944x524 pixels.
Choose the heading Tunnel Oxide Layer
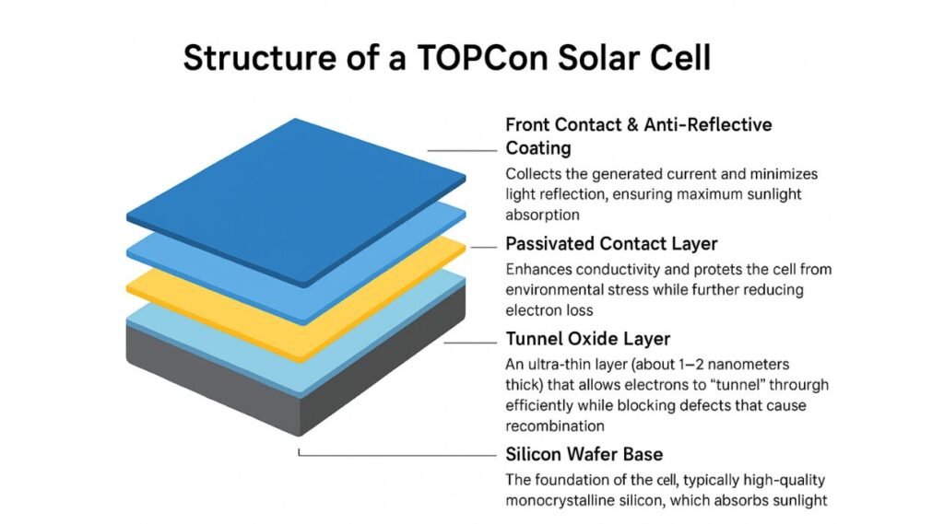point(588,339)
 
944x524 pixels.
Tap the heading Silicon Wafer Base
point(584,454)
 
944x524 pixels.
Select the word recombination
point(555,426)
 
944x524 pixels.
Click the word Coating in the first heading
point(538,148)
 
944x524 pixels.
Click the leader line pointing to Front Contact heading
point(462,149)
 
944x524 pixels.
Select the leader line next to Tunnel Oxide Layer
point(471,341)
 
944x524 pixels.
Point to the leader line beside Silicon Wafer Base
point(396,454)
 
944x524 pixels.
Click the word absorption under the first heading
point(543,215)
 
